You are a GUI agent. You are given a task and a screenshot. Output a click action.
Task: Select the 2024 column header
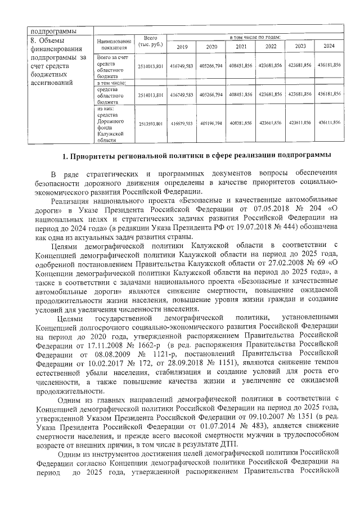point(329,46)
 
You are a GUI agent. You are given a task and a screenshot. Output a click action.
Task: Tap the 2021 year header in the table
point(241,46)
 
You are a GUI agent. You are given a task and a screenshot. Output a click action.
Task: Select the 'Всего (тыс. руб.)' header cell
point(150,40)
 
